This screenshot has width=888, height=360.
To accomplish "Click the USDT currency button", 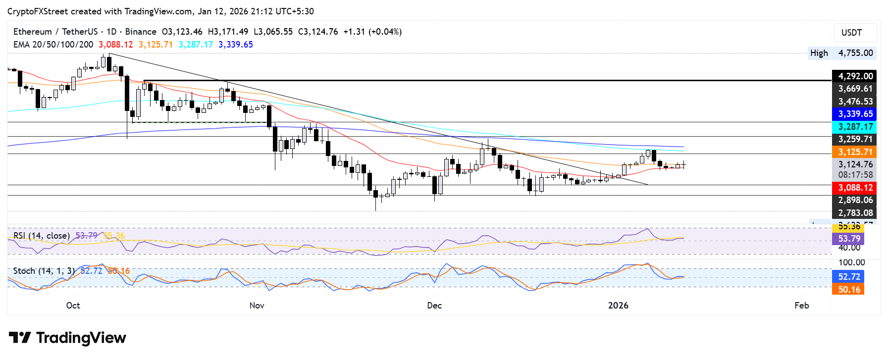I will (x=851, y=33).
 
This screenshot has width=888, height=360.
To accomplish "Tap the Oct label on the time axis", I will (x=73, y=305).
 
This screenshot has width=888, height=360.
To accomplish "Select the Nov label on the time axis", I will (x=257, y=305).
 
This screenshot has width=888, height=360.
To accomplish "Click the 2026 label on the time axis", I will (x=618, y=305).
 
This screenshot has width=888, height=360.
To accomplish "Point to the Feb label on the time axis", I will (x=801, y=305).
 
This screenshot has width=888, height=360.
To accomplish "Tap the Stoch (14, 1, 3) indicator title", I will (x=44, y=271).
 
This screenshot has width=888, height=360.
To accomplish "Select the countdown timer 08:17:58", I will (x=855, y=175).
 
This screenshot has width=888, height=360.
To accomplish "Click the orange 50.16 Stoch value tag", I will (x=848, y=290).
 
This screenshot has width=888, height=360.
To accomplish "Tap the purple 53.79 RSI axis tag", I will (x=848, y=239).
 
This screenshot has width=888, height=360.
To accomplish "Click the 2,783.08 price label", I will (x=855, y=213).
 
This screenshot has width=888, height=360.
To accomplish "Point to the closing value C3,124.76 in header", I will (x=318, y=32).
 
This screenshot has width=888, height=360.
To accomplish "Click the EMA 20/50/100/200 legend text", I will (x=53, y=45).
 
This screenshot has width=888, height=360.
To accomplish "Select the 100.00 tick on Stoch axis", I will (x=851, y=262).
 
